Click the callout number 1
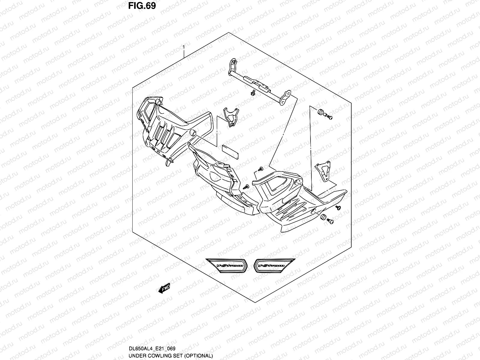click(184, 47)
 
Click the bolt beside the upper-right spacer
click(329, 117)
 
